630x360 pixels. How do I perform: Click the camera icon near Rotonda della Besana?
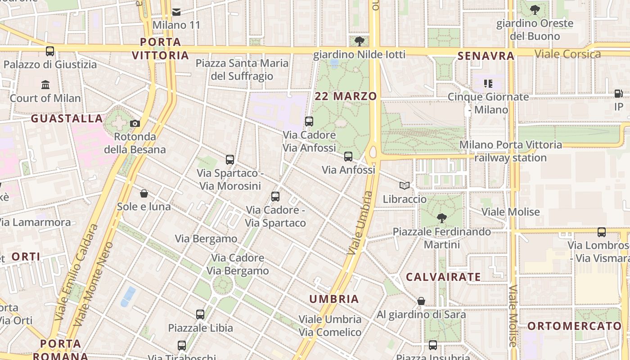(x=135, y=123)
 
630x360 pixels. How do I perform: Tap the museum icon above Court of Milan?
(x=45, y=85)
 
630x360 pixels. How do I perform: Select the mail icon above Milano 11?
(x=176, y=12)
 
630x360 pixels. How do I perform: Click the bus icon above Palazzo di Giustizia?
(x=50, y=51)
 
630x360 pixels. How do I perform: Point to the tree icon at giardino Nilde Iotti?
(x=359, y=42)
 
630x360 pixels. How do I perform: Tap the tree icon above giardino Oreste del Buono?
(x=535, y=10)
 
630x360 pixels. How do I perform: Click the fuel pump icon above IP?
(x=619, y=94)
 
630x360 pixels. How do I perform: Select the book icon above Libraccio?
(x=405, y=185)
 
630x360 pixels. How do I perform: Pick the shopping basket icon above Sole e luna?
(x=144, y=193)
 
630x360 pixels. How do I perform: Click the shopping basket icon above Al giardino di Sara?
(x=421, y=301)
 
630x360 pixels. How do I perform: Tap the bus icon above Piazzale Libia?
(x=200, y=315)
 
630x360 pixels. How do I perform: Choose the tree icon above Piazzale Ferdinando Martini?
(x=441, y=218)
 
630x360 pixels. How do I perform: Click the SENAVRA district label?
(x=486, y=56)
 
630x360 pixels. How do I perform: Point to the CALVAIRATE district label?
(x=443, y=277)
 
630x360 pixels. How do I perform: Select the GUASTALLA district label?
(x=67, y=118)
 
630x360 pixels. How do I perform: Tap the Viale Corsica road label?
(x=567, y=54)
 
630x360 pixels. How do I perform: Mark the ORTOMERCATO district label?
(x=574, y=326)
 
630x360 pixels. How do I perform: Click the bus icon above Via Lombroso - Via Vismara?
(x=602, y=232)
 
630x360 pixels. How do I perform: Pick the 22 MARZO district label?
(x=346, y=96)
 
